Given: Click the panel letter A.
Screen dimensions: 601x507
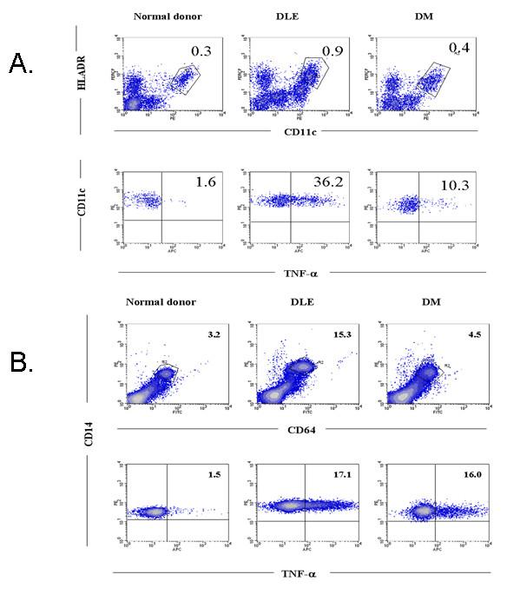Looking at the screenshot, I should pyautogui.click(x=21, y=63).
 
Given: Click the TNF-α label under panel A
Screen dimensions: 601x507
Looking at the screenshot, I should pyautogui.click(x=295, y=272).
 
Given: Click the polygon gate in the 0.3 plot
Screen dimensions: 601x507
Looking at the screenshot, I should pyautogui.click(x=184, y=79).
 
